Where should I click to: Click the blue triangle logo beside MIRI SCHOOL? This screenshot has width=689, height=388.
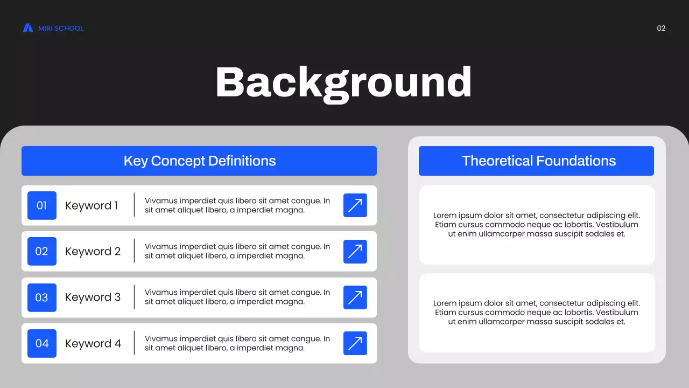coord(28,28)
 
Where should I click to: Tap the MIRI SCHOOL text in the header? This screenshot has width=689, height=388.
coord(61,28)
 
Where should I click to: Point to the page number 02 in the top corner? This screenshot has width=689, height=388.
coord(661,28)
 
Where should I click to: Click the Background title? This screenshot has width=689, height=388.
coord(343,82)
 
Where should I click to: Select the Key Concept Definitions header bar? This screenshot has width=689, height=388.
coord(199,161)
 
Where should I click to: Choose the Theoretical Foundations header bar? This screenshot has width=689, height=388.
coord(536,161)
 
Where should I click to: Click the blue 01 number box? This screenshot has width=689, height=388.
coord(42,205)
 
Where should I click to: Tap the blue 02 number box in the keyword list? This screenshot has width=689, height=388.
coord(42,251)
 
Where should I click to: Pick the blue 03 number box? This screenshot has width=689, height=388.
coord(42,297)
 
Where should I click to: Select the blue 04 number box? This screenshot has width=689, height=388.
coord(42,343)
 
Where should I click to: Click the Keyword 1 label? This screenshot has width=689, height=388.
coord(92,205)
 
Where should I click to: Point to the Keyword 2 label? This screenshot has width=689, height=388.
coord(93,251)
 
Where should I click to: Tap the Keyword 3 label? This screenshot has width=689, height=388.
coord(93,297)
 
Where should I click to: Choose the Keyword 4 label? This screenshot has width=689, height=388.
coord(93,343)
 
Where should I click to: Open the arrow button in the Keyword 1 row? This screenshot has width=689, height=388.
coord(355,205)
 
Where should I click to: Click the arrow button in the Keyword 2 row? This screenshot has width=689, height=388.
coord(355,251)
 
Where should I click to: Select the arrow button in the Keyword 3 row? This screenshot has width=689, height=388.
coord(355,297)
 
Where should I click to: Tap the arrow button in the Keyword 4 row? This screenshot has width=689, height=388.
coord(355,343)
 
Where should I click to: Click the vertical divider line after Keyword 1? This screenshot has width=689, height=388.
coord(134,205)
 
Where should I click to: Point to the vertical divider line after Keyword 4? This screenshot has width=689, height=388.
coord(134,343)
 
